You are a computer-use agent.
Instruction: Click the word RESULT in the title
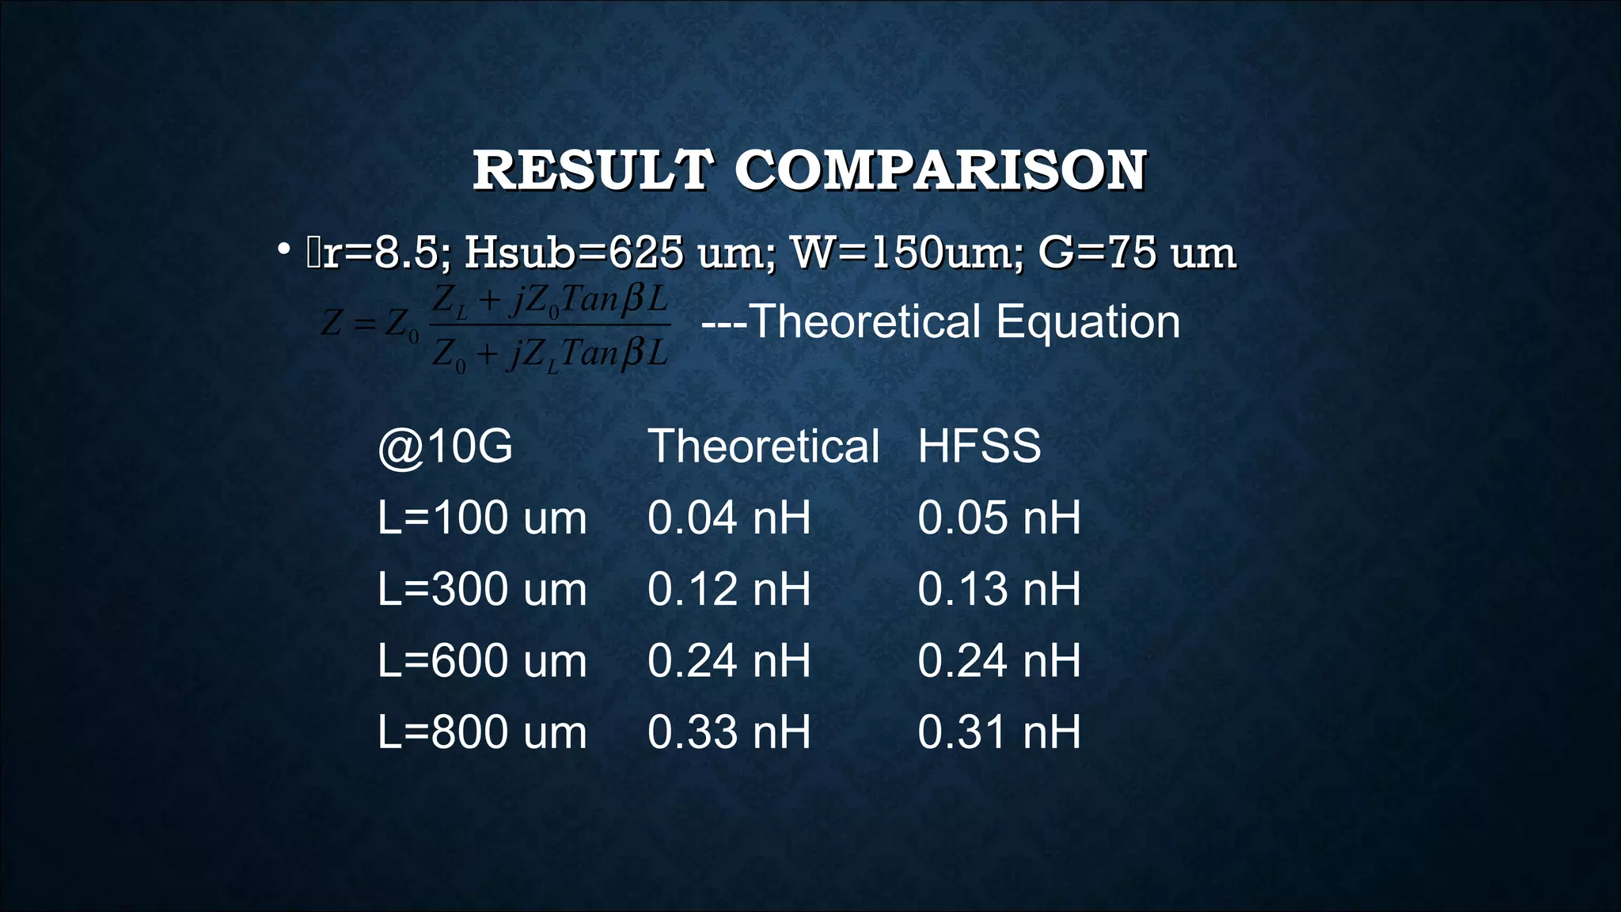click(593, 170)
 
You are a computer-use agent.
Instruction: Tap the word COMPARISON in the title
click(940, 170)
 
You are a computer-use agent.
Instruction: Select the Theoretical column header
click(763, 446)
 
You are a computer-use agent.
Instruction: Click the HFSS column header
click(979, 446)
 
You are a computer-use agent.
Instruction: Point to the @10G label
click(446, 446)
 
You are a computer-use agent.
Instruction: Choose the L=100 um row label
click(482, 518)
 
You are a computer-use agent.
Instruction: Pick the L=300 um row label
click(482, 589)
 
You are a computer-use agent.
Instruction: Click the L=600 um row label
click(482, 660)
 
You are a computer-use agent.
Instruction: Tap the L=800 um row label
click(482, 731)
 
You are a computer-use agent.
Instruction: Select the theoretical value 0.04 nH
click(729, 518)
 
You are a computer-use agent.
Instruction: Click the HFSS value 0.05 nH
click(999, 518)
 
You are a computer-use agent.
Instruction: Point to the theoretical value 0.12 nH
click(729, 589)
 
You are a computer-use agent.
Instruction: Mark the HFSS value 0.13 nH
click(999, 589)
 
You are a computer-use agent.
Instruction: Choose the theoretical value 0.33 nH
click(729, 731)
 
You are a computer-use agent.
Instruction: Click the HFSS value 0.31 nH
click(999, 731)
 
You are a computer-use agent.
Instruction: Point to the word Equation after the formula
click(1088, 321)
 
